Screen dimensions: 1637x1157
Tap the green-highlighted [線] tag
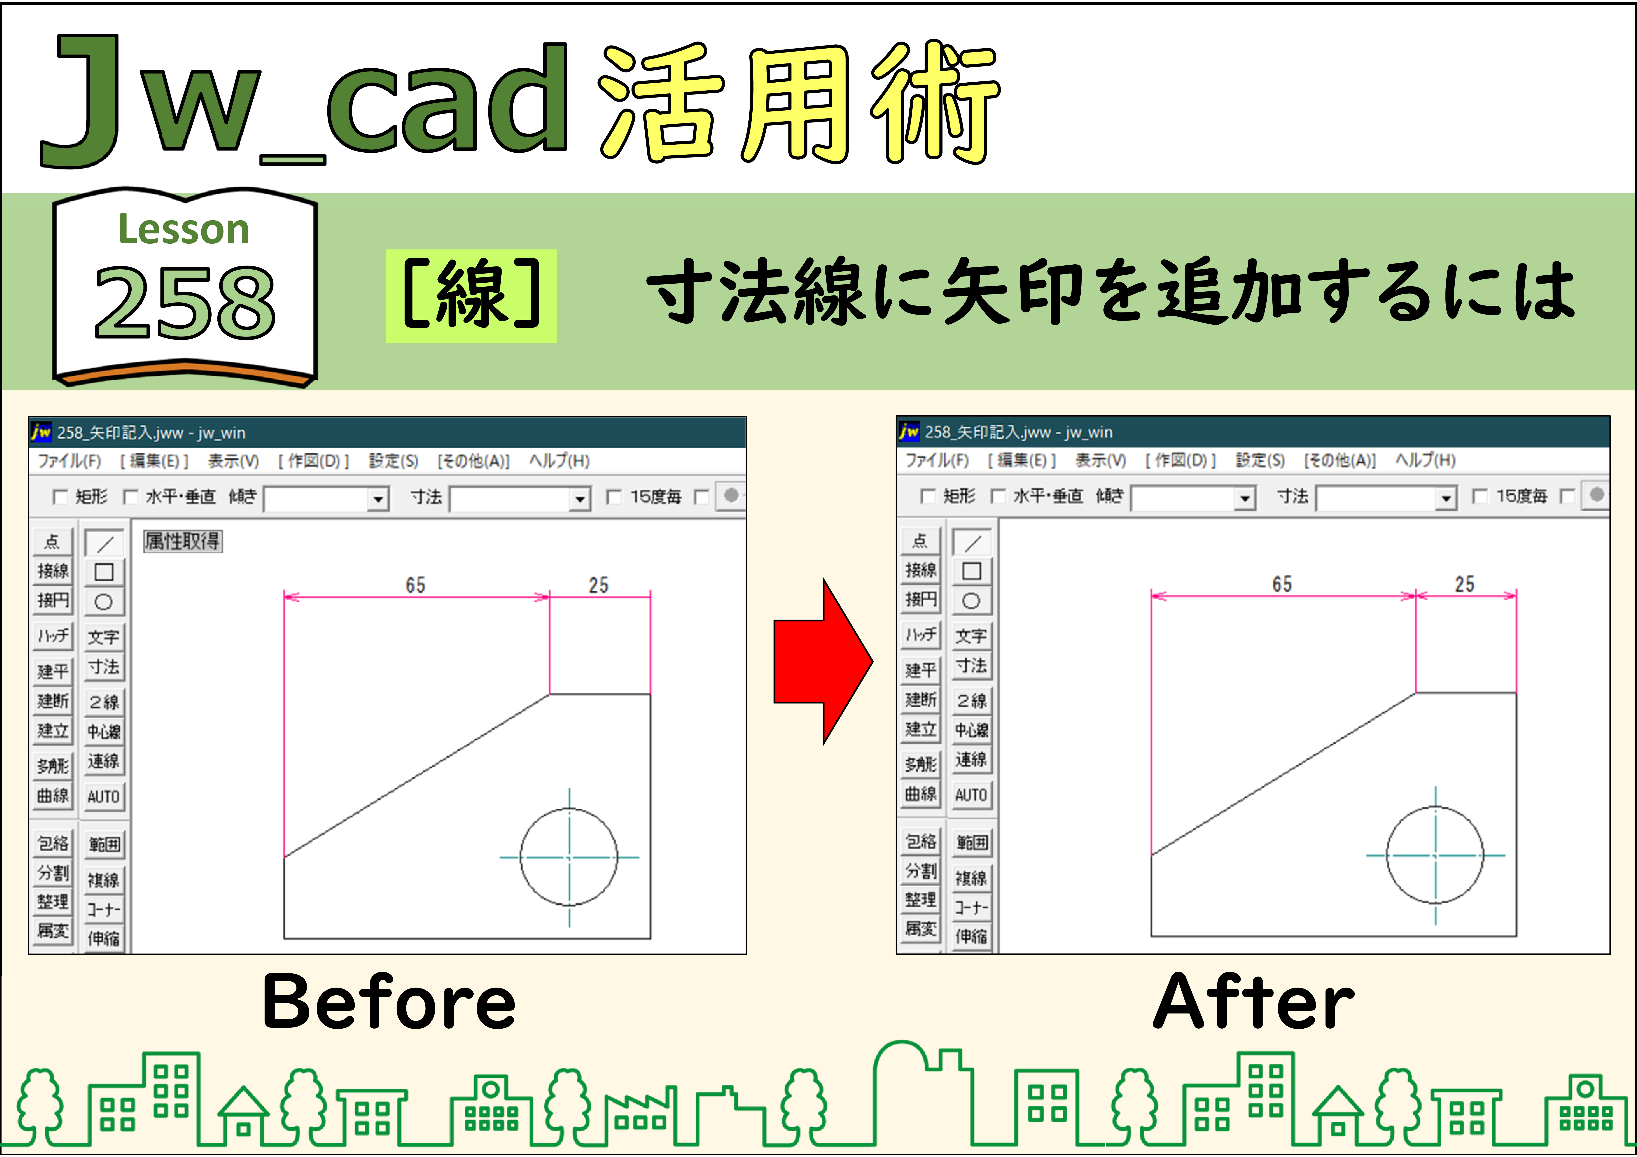[x=471, y=296]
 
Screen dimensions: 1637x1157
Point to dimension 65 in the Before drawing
[x=416, y=586]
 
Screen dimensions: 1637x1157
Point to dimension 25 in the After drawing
[x=1465, y=584]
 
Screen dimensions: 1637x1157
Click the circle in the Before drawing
[x=520, y=857]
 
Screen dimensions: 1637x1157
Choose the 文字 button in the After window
[x=971, y=636]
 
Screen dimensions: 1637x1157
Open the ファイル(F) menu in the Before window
[x=69, y=461]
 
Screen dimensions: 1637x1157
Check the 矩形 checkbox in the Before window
[x=61, y=496]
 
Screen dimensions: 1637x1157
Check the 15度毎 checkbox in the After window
[x=1480, y=496]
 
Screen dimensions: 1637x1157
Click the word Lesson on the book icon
[x=184, y=230]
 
